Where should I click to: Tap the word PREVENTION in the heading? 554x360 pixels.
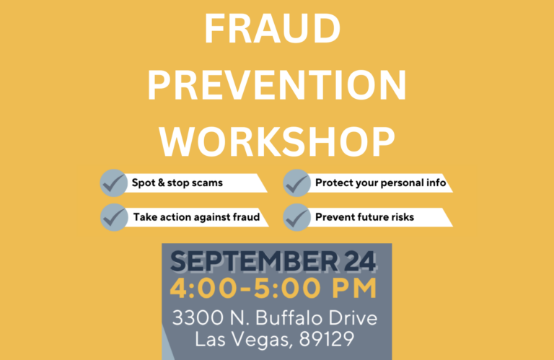point(277,85)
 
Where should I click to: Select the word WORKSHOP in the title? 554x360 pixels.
point(277,141)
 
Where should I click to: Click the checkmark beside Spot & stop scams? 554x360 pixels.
point(114,183)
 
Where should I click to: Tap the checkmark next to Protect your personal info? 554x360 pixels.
point(296,183)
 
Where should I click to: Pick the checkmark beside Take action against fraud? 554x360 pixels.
point(114,217)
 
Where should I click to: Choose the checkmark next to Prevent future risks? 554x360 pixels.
point(296,217)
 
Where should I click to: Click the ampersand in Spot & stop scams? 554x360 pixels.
point(161,183)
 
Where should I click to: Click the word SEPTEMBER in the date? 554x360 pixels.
point(254,261)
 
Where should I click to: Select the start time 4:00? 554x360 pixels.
point(203,289)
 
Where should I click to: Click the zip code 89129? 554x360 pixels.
point(327,339)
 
